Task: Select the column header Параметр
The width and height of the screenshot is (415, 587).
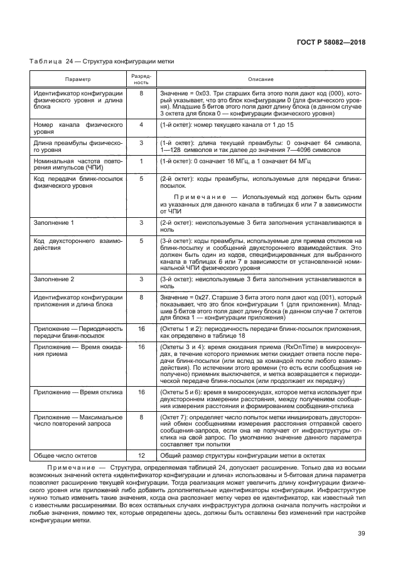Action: [x=78, y=79]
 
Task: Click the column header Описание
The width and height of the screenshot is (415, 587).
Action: [x=261, y=79]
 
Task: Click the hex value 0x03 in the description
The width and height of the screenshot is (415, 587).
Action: [x=204, y=93]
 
